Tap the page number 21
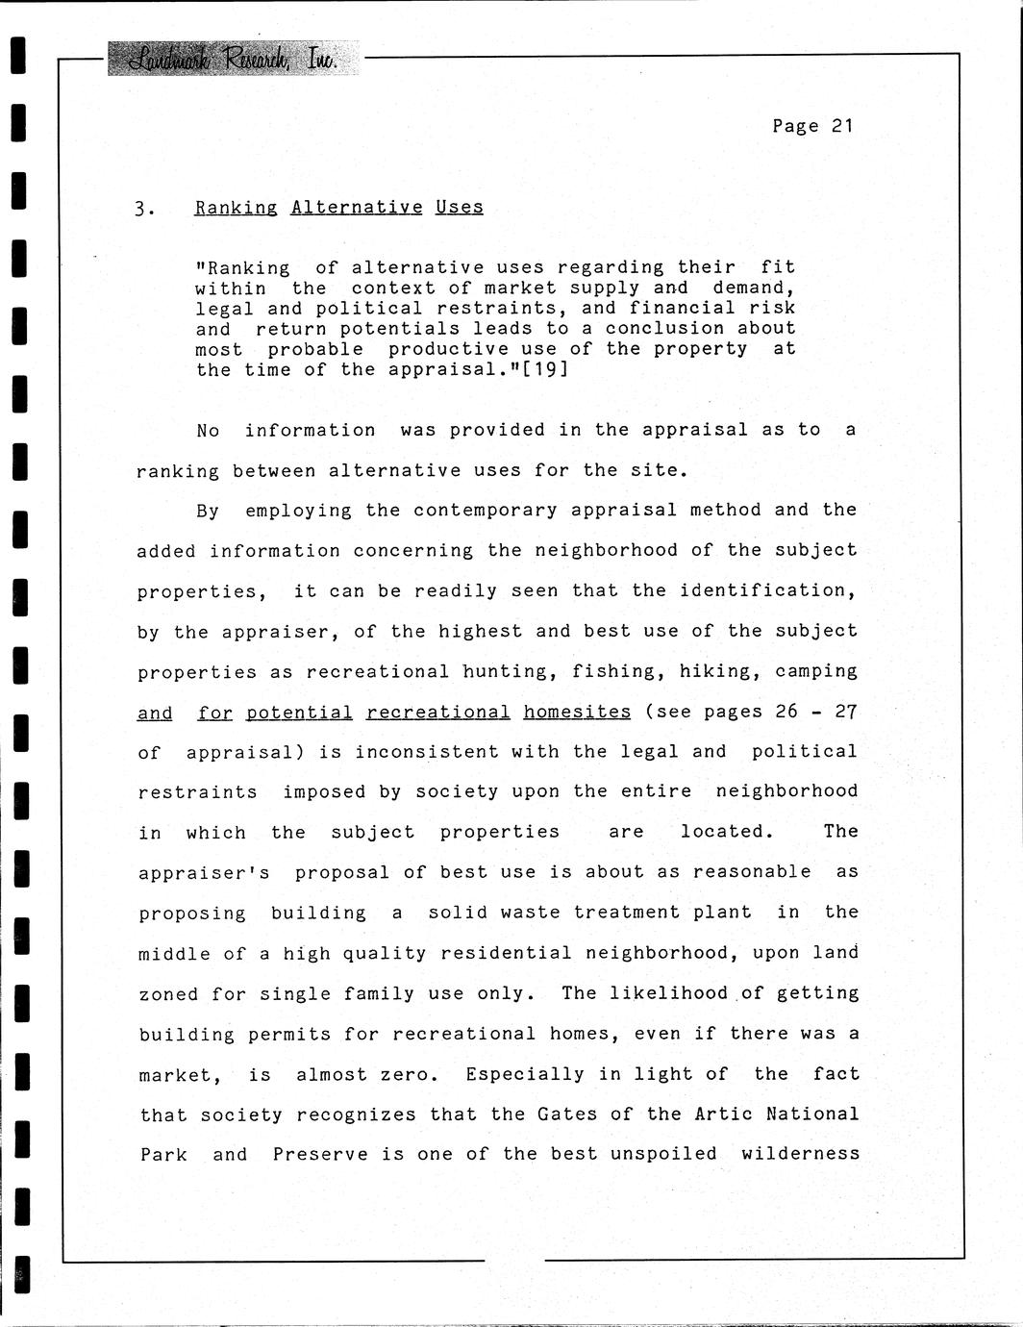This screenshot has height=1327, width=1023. click(x=842, y=126)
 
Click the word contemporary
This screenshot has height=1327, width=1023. click(x=485, y=511)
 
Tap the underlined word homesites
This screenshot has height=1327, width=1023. click(x=577, y=712)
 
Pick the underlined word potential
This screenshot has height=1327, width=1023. click(x=299, y=713)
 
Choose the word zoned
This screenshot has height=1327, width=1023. click(x=168, y=994)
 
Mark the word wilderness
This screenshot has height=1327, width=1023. click(x=800, y=1154)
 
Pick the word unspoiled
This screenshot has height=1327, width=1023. click(x=662, y=1154)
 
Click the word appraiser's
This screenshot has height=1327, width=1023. click(x=204, y=873)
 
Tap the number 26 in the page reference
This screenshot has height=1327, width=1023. click(x=786, y=712)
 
